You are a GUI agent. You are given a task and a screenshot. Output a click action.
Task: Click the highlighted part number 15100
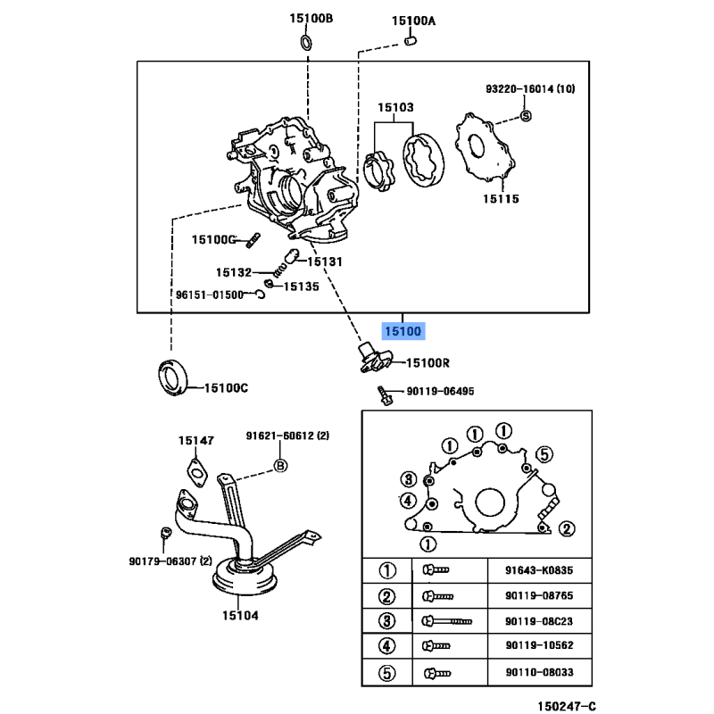tap(403, 331)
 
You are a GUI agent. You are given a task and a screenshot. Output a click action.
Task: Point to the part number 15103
tap(394, 108)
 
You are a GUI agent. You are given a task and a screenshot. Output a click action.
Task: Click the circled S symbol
tap(525, 115)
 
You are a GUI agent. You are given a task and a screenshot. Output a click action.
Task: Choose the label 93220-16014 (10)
tap(531, 90)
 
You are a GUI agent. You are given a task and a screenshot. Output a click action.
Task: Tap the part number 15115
tap(500, 199)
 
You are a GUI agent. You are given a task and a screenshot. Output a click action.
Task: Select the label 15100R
tap(428, 363)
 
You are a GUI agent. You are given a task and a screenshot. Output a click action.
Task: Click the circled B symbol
tap(279, 465)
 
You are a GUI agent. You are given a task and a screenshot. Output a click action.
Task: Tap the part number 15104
tap(240, 615)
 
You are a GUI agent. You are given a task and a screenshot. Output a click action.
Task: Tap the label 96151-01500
tap(209, 294)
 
